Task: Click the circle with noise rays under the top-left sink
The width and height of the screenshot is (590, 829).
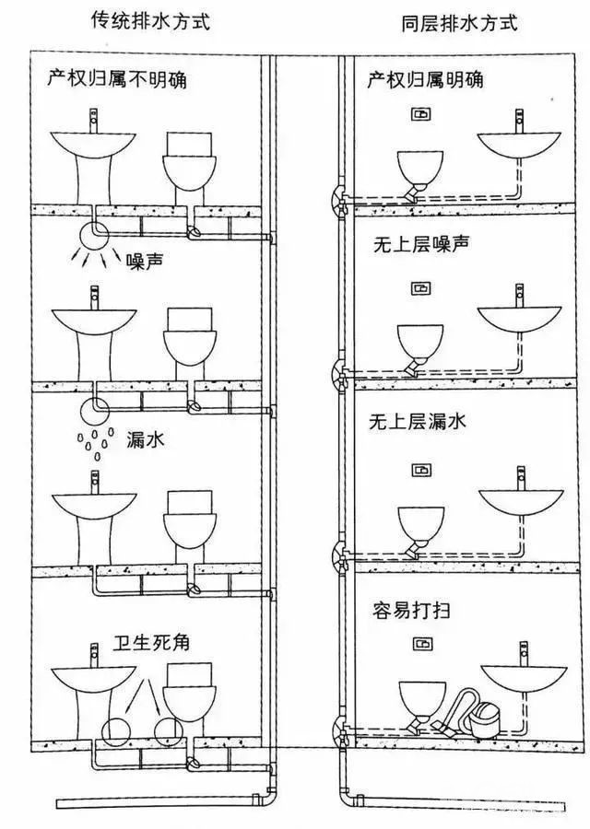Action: coord(93,235)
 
